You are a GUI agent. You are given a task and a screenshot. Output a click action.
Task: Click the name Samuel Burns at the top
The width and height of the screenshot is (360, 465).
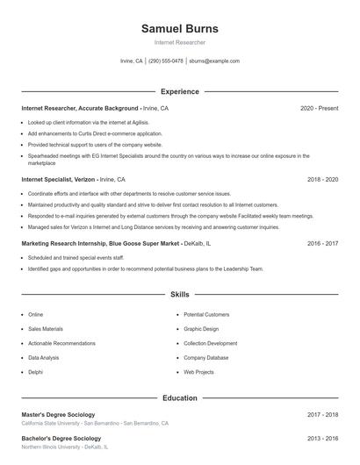pyautogui.click(x=179, y=28)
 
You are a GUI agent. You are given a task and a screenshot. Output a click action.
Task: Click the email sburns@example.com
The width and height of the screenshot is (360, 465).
pyautogui.click(x=214, y=61)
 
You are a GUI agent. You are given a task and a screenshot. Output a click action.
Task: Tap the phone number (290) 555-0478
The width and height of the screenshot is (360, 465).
pyautogui.click(x=166, y=61)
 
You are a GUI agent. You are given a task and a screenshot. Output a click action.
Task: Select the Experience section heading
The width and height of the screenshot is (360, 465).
pyautogui.click(x=179, y=91)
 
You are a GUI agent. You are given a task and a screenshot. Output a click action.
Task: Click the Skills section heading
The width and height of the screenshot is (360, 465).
pyautogui.click(x=179, y=295)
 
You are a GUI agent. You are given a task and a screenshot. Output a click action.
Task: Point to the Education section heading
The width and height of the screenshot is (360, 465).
pyautogui.click(x=179, y=397)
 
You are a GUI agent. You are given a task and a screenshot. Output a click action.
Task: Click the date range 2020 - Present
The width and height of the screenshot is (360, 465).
pyautogui.click(x=319, y=108)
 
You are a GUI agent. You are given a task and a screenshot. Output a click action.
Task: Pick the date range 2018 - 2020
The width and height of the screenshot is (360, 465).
pyautogui.click(x=322, y=179)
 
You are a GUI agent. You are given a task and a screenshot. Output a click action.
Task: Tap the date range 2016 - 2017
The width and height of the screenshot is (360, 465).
pyautogui.click(x=322, y=243)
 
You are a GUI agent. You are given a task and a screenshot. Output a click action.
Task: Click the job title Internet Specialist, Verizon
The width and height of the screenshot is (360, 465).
pyautogui.click(x=59, y=179)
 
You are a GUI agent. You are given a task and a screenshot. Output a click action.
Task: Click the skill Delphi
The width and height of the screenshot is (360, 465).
pyautogui.click(x=35, y=372)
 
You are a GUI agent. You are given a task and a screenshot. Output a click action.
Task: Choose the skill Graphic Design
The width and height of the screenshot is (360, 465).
pyautogui.click(x=200, y=329)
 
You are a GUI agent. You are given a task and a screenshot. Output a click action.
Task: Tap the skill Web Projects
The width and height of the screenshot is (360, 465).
pyautogui.click(x=198, y=372)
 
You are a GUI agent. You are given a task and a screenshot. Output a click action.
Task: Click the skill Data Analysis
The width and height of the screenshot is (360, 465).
pyautogui.click(x=44, y=358)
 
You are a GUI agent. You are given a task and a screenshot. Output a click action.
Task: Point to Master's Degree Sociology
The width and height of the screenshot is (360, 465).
pyautogui.click(x=58, y=414)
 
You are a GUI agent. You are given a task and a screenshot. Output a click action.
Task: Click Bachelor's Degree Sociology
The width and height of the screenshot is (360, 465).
pyautogui.click(x=61, y=438)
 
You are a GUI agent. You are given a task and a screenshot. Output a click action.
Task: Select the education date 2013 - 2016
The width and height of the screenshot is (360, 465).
pyautogui.click(x=322, y=438)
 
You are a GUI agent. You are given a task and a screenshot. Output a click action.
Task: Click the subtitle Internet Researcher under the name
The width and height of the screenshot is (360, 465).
pyautogui.click(x=179, y=42)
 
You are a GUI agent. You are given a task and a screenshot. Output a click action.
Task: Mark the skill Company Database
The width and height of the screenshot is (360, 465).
pyautogui.click(x=205, y=358)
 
